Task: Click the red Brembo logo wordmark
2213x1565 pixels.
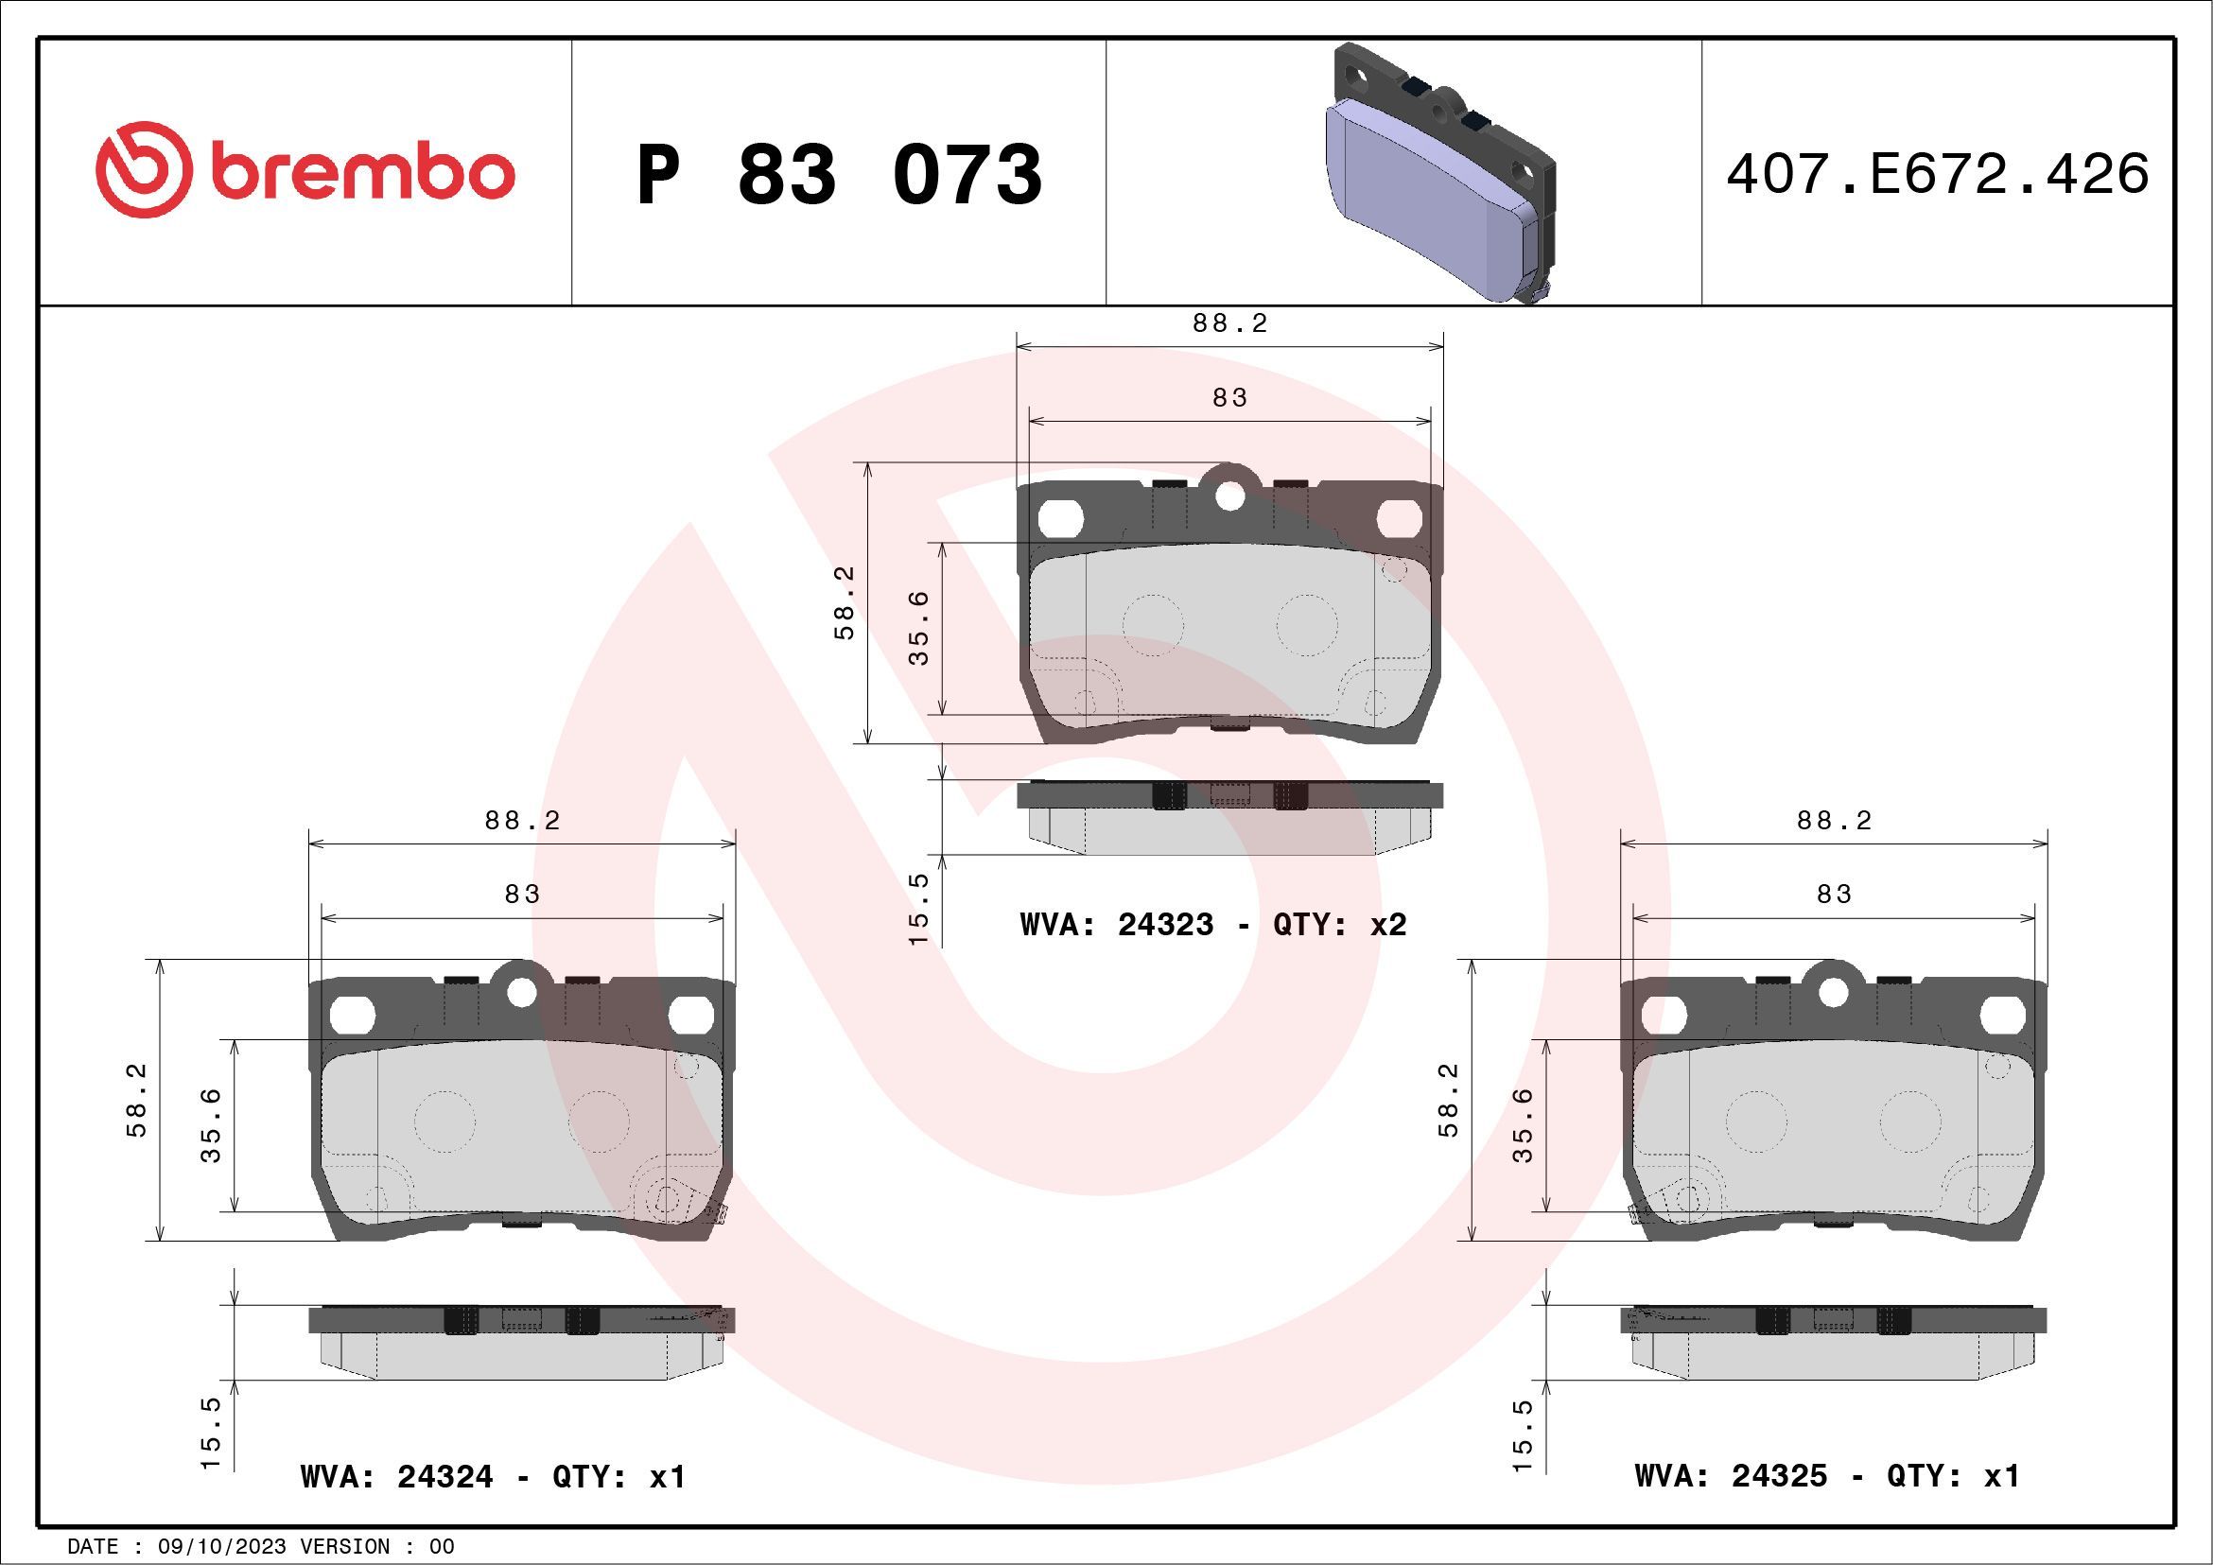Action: (305, 171)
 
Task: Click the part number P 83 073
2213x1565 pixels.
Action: (839, 174)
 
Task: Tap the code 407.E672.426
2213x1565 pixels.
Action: (1938, 174)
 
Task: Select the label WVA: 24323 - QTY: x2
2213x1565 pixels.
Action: (1212, 925)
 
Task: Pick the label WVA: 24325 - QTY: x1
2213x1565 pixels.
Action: (1826, 1475)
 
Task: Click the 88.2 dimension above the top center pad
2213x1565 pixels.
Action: (1229, 323)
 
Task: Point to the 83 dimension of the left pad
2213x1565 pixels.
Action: (521, 895)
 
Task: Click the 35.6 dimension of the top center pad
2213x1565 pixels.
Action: (919, 627)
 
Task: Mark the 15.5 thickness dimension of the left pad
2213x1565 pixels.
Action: (211, 1433)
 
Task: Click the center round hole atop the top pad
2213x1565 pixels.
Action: (1229, 496)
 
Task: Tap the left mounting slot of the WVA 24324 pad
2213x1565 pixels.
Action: (351, 1014)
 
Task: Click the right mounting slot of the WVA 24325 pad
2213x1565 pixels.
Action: (2003, 1014)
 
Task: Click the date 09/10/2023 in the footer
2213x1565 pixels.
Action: (221, 1547)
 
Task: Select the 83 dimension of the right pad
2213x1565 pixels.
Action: (1833, 895)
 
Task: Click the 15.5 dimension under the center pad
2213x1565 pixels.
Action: (918, 908)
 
